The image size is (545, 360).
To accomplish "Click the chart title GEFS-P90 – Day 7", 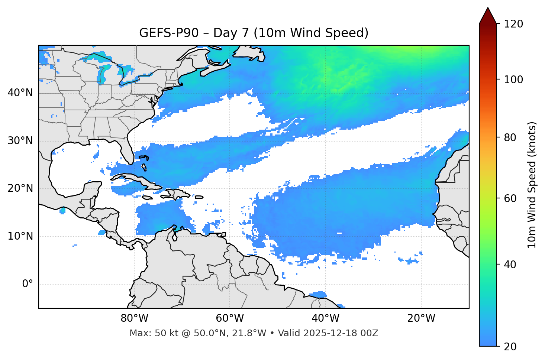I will click(x=254, y=33).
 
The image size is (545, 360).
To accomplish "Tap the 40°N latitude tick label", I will click(x=20, y=93).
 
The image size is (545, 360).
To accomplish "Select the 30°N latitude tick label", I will click(x=20, y=141).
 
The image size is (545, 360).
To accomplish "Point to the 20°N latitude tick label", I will click(x=20, y=188).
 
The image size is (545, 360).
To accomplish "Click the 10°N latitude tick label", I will click(x=20, y=236).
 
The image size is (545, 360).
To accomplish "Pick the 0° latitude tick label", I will click(x=28, y=284).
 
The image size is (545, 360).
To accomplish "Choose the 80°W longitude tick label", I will click(x=134, y=318).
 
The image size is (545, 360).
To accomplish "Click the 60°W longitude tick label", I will click(x=230, y=318).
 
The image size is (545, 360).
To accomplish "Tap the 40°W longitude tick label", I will click(x=325, y=318).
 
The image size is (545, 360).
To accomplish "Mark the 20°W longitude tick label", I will click(x=421, y=318).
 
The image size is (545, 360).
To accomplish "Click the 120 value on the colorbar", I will click(x=513, y=24).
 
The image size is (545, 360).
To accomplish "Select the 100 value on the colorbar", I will click(x=513, y=80).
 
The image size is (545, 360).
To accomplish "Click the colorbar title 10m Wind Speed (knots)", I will click(x=532, y=185).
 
